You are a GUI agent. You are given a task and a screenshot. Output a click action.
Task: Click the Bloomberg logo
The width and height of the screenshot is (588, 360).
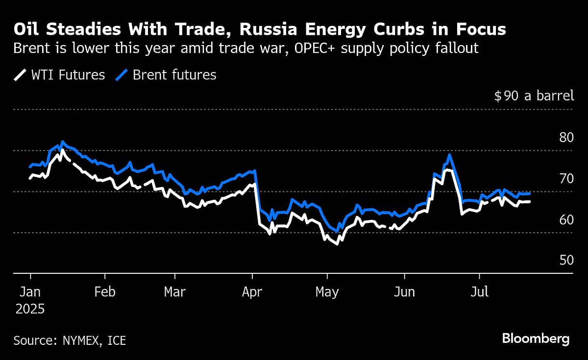tap(536, 338)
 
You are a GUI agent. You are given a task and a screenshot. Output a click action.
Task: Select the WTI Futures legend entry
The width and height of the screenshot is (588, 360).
tap(59, 75)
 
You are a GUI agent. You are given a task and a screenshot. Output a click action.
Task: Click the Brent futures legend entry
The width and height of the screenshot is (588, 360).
tap(166, 75)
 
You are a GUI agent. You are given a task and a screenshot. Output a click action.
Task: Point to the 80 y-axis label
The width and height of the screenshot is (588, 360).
tap(566, 137)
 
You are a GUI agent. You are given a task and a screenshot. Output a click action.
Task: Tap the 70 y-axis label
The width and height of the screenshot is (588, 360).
tap(566, 178)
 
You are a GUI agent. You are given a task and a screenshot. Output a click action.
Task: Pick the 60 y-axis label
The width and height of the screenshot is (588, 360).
tap(566, 219)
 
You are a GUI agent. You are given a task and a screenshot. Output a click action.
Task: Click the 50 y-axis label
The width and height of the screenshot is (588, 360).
tap(566, 260)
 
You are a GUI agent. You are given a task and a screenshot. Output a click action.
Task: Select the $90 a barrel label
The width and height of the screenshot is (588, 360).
tap(534, 96)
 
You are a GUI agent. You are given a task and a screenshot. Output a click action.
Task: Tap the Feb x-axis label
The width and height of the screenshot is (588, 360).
tap(105, 292)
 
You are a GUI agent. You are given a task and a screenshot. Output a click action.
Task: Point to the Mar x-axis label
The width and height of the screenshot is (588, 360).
tap(175, 292)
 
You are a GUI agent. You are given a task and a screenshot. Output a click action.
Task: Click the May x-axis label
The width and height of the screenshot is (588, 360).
tap(327, 292)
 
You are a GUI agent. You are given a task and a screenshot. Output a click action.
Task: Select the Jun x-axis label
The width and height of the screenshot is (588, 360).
tap(405, 292)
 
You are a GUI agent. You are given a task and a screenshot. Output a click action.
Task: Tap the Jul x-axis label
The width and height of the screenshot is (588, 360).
tap(479, 292)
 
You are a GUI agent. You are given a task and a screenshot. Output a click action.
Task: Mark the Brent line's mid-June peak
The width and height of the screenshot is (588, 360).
tap(449, 155)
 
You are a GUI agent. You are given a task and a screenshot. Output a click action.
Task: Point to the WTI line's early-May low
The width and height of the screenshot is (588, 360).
tap(337, 243)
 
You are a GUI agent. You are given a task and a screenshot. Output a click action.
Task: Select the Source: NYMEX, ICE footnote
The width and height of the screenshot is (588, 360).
tap(70, 340)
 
